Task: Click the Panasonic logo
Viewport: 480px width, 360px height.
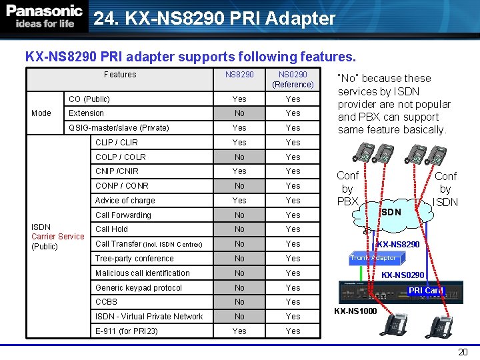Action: [x=45, y=17]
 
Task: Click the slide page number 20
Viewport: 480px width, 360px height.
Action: [x=463, y=352]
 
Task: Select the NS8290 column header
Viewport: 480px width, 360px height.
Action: [x=239, y=75]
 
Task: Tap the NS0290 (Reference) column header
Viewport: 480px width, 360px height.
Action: [x=293, y=79]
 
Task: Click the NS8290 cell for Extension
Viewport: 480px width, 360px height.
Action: [x=239, y=113]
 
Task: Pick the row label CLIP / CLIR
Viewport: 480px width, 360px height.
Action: [x=117, y=142]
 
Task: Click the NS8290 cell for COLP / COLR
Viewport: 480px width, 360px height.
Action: [x=239, y=157]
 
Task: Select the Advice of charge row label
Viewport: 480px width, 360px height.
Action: [x=125, y=200]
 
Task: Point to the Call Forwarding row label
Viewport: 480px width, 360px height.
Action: [x=123, y=215]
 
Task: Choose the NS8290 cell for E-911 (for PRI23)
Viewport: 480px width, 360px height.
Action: [x=239, y=331]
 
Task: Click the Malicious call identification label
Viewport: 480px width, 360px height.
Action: [x=143, y=273]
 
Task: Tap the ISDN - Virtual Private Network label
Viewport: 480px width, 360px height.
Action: [x=149, y=316]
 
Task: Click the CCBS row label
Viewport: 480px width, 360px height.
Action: [x=106, y=302]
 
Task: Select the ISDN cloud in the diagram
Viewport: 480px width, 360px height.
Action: [x=391, y=212]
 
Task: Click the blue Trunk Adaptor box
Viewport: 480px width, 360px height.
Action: [x=374, y=258]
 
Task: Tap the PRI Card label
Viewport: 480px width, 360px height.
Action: [x=425, y=291]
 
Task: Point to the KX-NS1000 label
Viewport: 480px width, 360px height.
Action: [x=355, y=311]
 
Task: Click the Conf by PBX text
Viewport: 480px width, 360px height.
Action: [x=347, y=189]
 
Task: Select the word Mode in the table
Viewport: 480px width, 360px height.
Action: [x=41, y=113]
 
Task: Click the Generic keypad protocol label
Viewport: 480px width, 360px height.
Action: [x=139, y=287]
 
